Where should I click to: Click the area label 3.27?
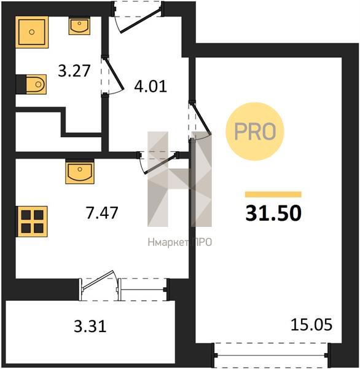pos(74,71)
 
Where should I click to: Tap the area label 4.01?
pos(151,86)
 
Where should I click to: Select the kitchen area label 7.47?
pos(102,213)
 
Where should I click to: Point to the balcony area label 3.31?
pos(90,326)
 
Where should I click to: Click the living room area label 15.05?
pos(311,325)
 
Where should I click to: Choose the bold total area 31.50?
pos(273,213)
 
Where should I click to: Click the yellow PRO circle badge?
pos(255,132)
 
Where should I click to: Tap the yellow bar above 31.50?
pos(273,194)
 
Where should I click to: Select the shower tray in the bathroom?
pos(32,32)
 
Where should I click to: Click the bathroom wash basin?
pos(79,26)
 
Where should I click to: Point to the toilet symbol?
pos(36,84)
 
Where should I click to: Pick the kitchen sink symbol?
pos(80,172)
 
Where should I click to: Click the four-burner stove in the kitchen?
pos(32,221)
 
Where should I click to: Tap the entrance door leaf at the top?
pos(141,21)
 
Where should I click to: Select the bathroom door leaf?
pos(114,74)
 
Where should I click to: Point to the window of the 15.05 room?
pos(271,355)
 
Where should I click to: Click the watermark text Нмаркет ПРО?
pos(180,242)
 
